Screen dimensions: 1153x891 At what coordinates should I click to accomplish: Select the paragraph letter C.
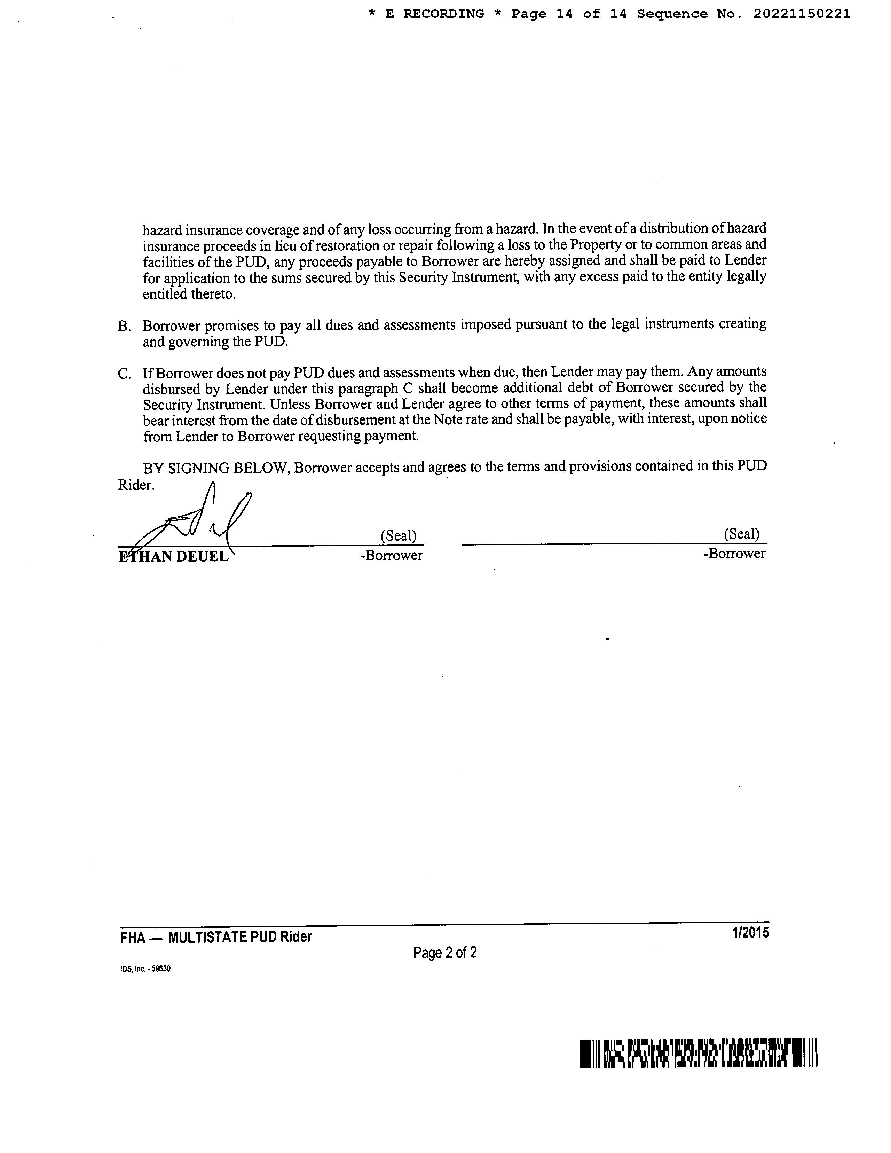tap(124, 374)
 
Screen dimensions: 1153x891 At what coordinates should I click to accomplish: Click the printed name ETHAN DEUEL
tap(174, 556)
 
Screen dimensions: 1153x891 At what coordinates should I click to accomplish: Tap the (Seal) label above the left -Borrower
tap(399, 536)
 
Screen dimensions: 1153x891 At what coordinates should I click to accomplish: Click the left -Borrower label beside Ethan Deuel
tap(391, 555)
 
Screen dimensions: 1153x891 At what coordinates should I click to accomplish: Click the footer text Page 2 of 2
tap(445, 952)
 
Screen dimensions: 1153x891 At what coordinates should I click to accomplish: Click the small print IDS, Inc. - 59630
tap(145, 969)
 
